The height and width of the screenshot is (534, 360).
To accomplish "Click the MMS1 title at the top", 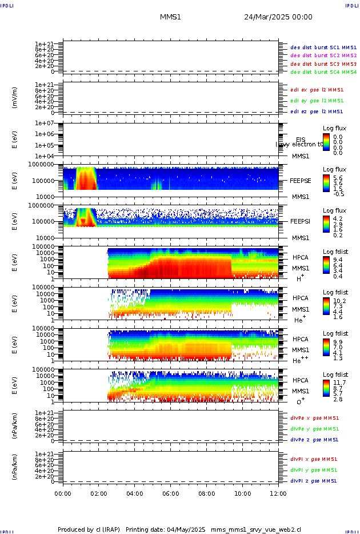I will coord(170,17).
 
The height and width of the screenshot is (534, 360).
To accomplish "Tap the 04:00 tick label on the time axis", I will coord(135,493).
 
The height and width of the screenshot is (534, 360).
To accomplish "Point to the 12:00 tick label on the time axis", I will coord(278,493).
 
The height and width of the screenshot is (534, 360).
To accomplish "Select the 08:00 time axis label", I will coord(206,493).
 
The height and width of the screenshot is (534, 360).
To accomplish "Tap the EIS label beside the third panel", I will coord(301,140).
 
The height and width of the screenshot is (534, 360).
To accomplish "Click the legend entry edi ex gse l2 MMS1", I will coord(317,90).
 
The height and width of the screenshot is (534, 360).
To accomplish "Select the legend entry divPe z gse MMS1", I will coord(314,440).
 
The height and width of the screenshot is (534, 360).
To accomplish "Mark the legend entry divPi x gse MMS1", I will coord(314,459).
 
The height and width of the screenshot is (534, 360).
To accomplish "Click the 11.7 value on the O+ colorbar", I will coord(339,382).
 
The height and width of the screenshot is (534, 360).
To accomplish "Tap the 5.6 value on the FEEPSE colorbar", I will coord(338,178).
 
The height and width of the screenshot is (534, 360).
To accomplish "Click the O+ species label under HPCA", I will coord(300,401).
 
